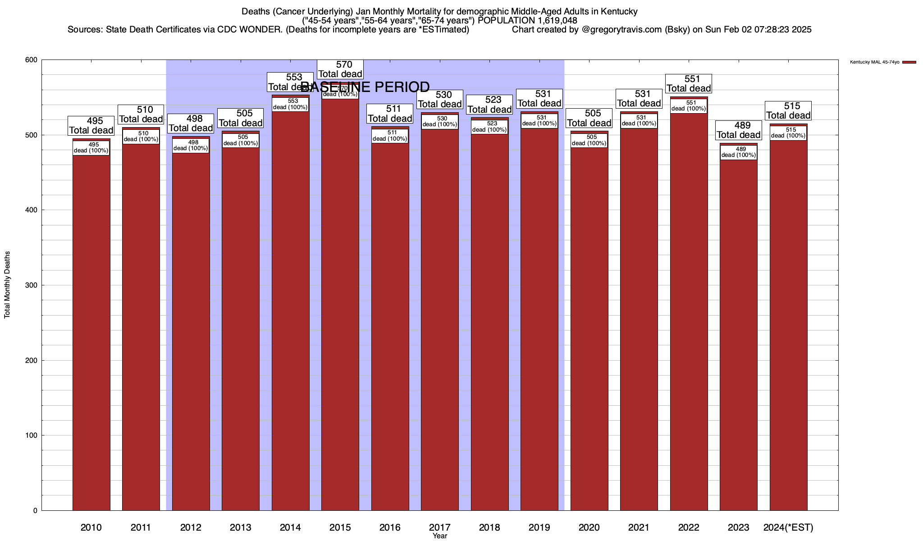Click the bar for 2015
340,307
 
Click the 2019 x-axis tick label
539,527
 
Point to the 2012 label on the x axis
191,527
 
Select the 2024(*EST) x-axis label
788,527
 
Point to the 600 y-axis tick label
31,60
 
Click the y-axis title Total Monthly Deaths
7,285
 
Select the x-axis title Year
439,536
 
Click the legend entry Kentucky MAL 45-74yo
875,62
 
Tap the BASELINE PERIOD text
365,87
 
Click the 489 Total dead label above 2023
739,130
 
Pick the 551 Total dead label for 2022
689,84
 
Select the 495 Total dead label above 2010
91,125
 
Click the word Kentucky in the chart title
620,12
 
